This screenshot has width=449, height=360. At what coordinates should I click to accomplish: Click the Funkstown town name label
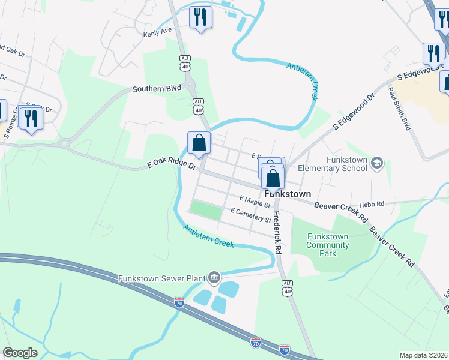[288, 194]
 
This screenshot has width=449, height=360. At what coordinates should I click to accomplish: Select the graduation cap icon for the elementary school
[376, 163]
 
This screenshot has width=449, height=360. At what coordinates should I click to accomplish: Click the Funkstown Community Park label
[327, 245]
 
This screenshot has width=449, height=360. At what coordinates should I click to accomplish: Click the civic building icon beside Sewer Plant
[213, 277]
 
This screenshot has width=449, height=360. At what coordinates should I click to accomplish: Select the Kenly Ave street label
[157, 32]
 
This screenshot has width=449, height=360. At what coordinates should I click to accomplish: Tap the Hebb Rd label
[372, 205]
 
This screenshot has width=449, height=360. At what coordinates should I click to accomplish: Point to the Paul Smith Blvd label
[399, 108]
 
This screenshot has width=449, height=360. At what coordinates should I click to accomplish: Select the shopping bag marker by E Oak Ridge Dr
[199, 144]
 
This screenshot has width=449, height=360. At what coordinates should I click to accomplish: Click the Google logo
[20, 353]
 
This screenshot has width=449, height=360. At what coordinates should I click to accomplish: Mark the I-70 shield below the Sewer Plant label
[179, 302]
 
